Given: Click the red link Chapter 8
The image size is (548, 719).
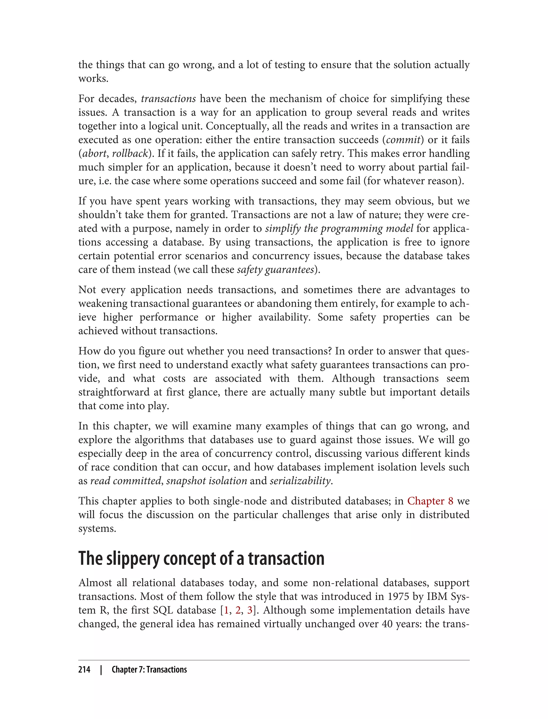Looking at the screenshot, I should [430, 501].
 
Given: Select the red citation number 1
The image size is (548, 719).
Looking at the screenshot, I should [226, 610].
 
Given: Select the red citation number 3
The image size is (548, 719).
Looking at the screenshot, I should [250, 610].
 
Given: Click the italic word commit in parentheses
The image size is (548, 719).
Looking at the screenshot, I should [403, 140].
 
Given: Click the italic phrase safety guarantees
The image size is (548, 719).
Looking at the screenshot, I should [275, 270].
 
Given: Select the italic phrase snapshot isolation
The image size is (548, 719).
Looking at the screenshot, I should [207, 481].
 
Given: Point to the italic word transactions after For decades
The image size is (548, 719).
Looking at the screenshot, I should [168, 99].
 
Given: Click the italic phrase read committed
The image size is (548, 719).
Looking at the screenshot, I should [125, 481].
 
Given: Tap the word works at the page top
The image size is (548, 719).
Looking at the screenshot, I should [93, 79].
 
